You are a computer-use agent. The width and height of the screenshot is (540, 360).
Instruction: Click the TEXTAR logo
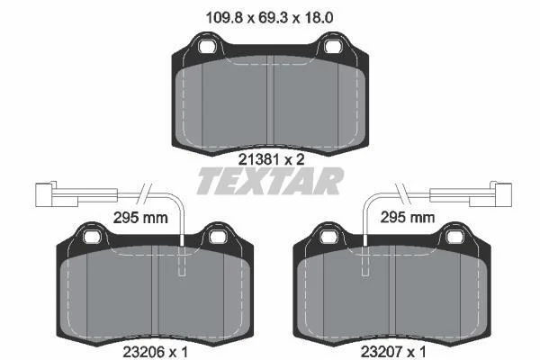(x=270, y=181)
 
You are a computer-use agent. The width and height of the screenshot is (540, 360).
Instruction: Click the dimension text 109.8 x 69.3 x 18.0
(x=269, y=17)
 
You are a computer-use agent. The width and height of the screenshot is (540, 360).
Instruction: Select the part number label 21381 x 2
(x=272, y=159)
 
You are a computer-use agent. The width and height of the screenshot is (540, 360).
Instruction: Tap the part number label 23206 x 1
(x=155, y=352)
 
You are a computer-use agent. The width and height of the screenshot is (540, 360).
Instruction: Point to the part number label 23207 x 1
(x=393, y=352)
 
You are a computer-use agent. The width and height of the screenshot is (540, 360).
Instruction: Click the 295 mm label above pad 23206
(x=140, y=218)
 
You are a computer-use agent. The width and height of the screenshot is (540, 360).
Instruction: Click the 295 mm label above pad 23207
(x=408, y=218)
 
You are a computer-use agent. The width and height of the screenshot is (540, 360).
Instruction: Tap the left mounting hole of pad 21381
(x=207, y=47)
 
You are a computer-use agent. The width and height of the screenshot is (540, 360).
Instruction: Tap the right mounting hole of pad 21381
(x=332, y=47)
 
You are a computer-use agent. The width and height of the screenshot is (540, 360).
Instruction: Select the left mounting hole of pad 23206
(x=92, y=237)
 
